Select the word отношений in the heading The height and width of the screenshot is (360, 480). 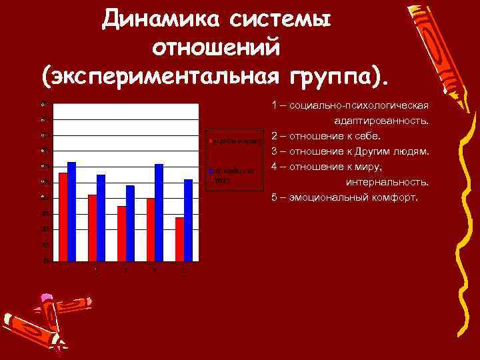tap(219, 49)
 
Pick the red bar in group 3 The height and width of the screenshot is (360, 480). tap(121, 233)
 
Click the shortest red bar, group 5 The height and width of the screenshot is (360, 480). tap(179, 239)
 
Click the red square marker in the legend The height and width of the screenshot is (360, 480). tap(210, 142)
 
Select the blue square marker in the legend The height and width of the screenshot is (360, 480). tap(211, 172)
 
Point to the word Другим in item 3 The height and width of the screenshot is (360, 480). tap(374, 152)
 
